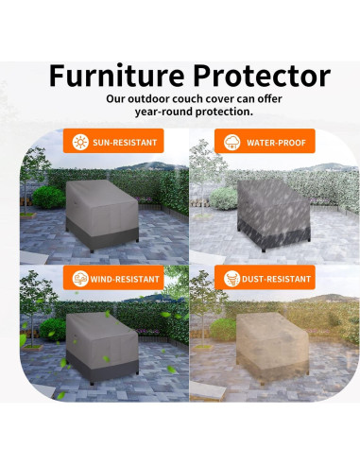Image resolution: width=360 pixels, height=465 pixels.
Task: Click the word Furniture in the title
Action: pyautogui.click(x=113, y=75)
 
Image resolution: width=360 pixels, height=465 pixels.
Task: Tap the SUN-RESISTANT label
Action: pyautogui.click(x=125, y=143)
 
